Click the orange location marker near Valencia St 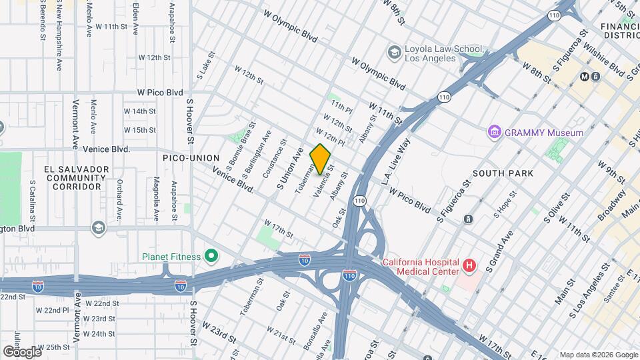coord(321,159)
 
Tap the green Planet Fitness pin coord(211,255)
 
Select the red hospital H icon coord(469,266)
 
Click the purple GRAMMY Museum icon coord(494,133)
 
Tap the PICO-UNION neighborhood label coord(191,157)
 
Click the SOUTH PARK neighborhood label coord(503,173)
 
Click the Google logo coord(22,351)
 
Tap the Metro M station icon coord(585,76)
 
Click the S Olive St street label coord(558,209)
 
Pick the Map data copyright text coord(597,354)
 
